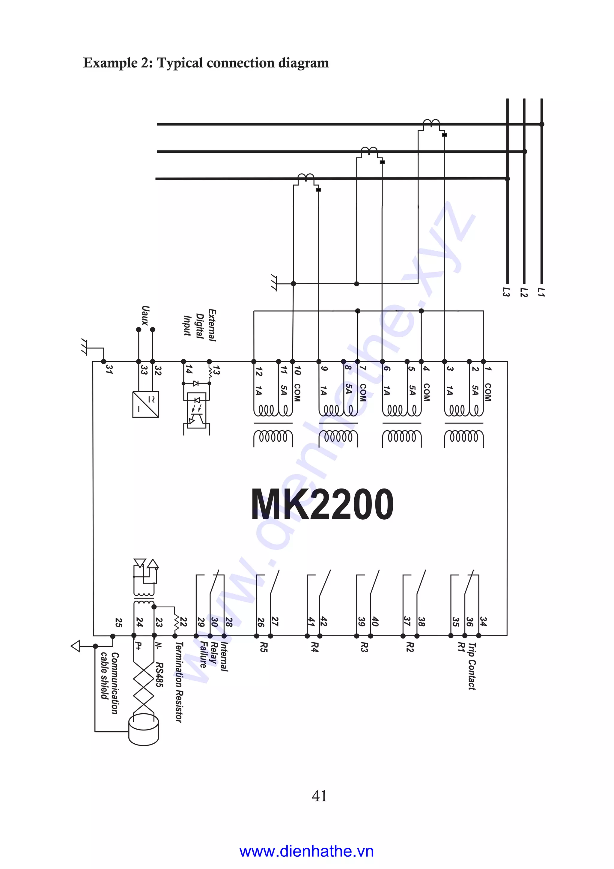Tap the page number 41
[x=319, y=796]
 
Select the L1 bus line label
[x=541, y=292]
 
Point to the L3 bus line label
[x=506, y=292]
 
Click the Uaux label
[x=145, y=316]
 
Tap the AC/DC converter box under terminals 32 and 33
[x=146, y=404]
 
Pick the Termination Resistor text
[x=179, y=682]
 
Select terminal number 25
[x=119, y=623]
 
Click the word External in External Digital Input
[x=212, y=325]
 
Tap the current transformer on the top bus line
[x=431, y=123]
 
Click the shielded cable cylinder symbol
[x=144, y=730]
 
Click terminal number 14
[x=188, y=369]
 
